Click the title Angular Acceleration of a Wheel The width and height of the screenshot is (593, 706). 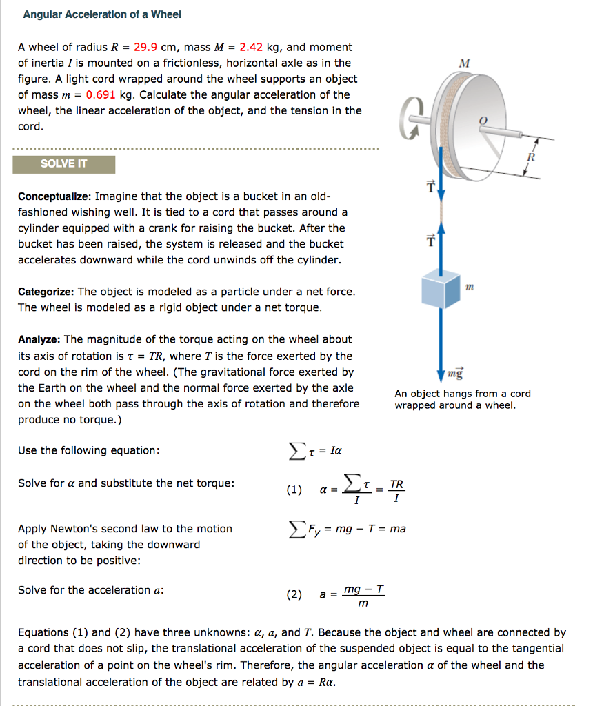[x=102, y=14]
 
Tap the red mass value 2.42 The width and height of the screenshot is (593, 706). [x=251, y=48]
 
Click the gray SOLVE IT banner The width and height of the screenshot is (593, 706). [x=64, y=164]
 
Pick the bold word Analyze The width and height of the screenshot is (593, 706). [x=39, y=339]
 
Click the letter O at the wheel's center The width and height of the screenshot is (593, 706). [x=483, y=121]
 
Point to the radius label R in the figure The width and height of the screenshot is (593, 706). [x=530, y=157]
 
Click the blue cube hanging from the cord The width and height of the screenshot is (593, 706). [x=441, y=289]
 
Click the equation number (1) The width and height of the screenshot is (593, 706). [x=294, y=491]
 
